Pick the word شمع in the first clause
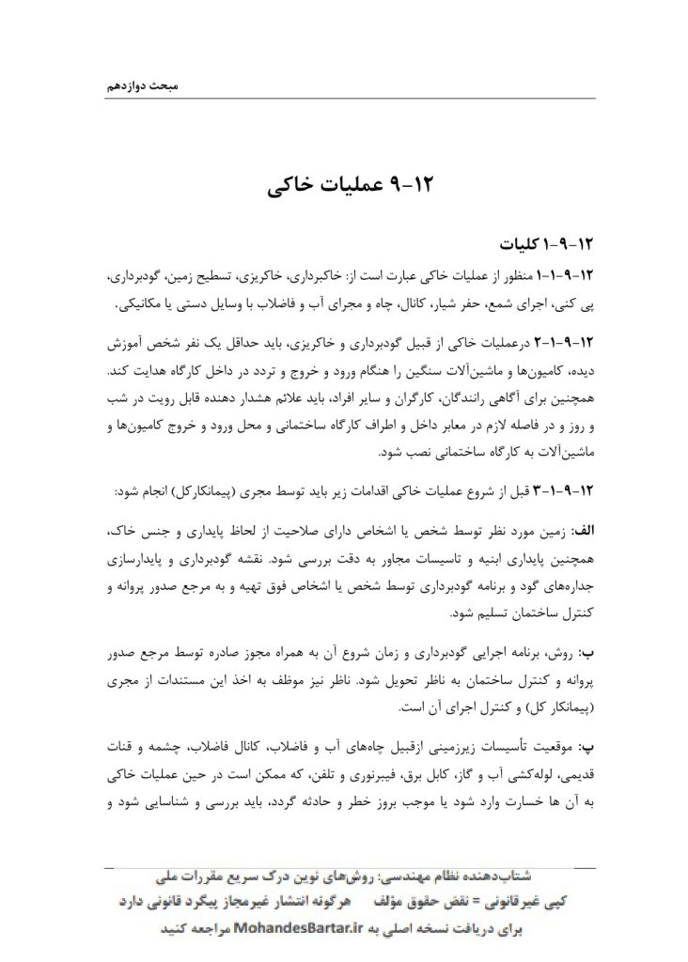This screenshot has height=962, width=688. pos(500,306)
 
